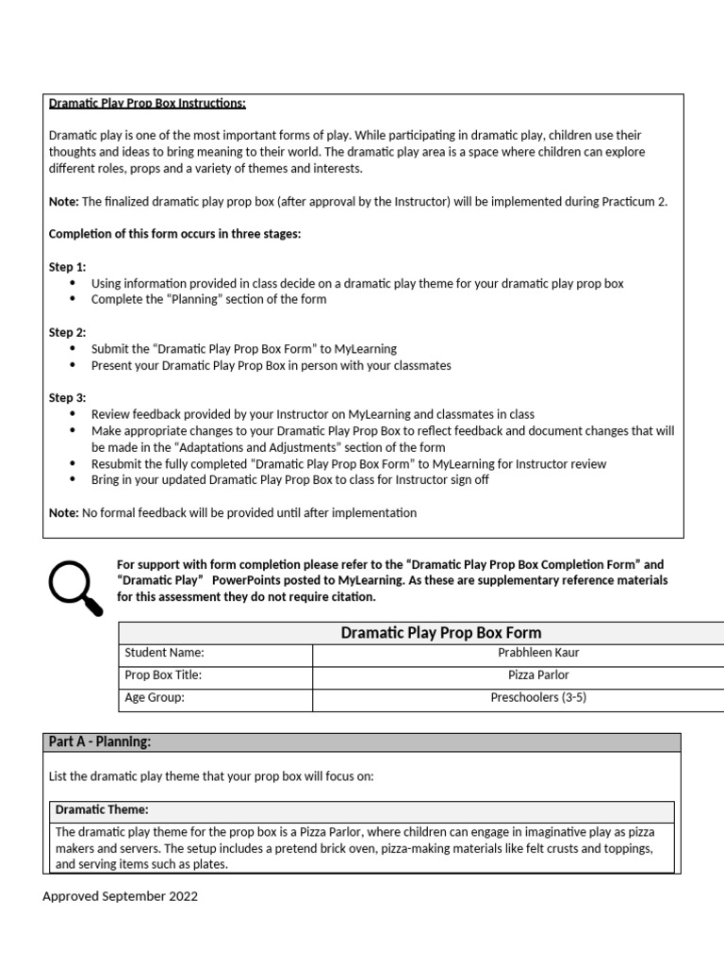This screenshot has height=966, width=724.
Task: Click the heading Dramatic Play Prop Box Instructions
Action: [147, 103]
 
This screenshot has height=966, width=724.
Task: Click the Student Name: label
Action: [164, 652]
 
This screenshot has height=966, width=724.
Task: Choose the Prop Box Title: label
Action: [163, 675]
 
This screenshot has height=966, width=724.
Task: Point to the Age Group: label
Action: [155, 698]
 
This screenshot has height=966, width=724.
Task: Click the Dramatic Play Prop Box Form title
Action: [440, 632]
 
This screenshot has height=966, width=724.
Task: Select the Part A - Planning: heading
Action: [99, 742]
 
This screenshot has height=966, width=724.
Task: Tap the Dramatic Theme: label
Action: [102, 809]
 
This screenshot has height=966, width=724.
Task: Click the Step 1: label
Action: [67, 267]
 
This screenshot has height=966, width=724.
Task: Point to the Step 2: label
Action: [67, 332]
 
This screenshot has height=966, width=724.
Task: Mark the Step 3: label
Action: [67, 398]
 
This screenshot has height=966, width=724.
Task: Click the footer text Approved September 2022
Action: [120, 896]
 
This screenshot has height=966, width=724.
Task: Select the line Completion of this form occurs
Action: [174, 234]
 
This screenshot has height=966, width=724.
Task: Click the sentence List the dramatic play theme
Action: [210, 776]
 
